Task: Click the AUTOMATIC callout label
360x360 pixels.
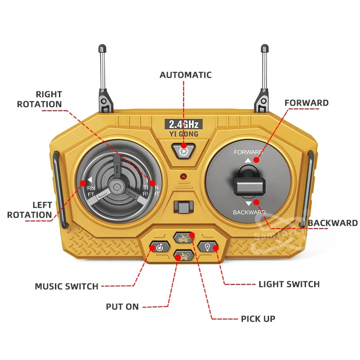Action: point(185,75)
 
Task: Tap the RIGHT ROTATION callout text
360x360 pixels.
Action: point(40,99)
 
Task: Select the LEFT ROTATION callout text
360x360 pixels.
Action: point(30,210)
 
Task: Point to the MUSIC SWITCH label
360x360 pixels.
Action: point(67,286)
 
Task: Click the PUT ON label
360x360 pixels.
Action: point(122,307)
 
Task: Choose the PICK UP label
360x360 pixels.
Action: point(257,319)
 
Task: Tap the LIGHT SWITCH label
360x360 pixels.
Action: point(289,284)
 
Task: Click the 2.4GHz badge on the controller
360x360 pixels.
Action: point(183,124)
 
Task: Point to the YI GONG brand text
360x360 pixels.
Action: point(183,134)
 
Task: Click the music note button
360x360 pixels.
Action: point(158,247)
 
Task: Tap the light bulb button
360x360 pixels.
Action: point(208,247)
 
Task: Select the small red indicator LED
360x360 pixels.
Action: point(183,176)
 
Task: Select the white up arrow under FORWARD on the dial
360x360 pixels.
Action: point(247,160)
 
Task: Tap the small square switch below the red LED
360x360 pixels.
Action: point(182,207)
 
